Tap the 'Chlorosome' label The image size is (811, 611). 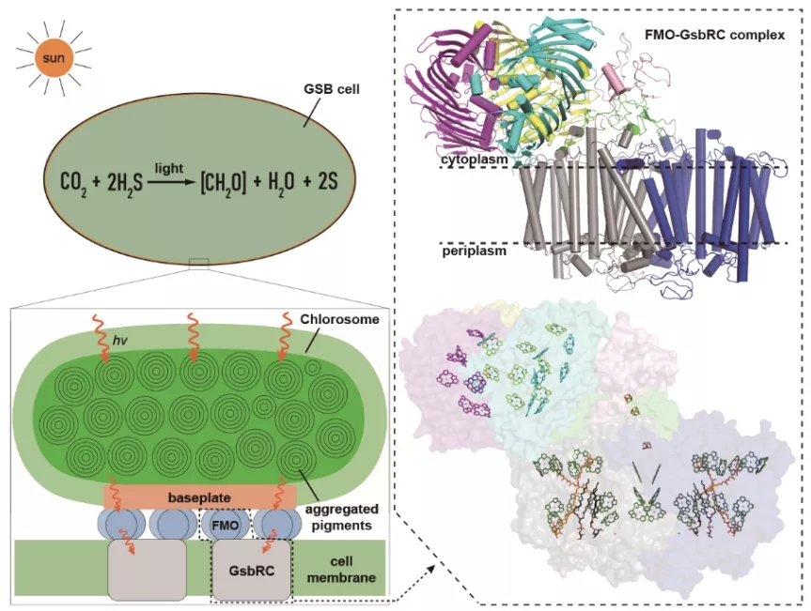click(330, 320)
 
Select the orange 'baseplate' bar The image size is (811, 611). click(199, 495)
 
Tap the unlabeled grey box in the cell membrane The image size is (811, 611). click(145, 570)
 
